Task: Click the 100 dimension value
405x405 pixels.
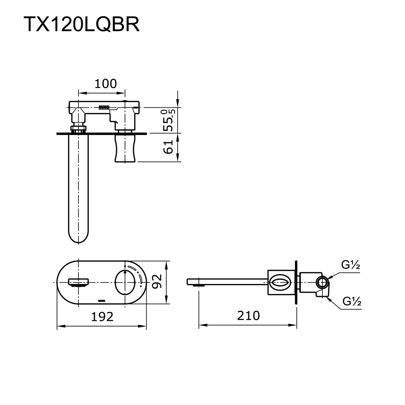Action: (105, 84)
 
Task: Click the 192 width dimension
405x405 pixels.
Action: (102, 316)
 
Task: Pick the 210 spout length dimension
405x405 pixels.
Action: (248, 315)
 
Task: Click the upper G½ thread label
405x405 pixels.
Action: (351, 265)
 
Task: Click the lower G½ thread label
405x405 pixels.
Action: (352, 301)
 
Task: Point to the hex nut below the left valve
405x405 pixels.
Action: (78, 129)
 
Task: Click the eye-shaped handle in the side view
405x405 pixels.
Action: (280, 281)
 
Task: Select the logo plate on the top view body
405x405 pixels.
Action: (104, 108)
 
